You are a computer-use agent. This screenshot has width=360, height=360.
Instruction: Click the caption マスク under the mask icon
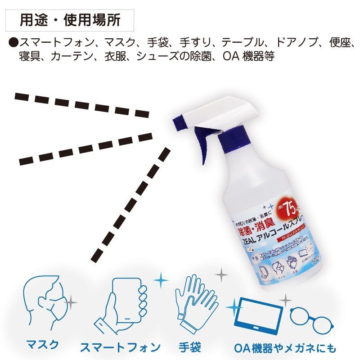tap(42, 345)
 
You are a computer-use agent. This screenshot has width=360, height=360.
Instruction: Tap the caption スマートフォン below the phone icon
tap(120, 347)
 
